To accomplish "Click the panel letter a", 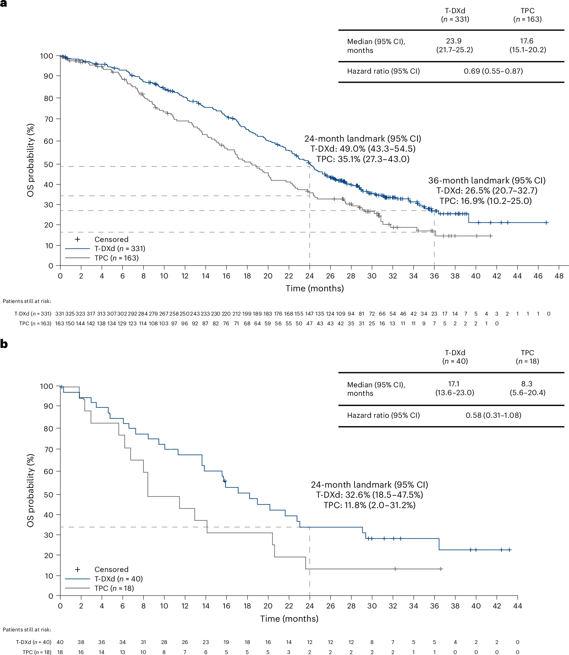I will pos(3,3).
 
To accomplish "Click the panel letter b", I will pos(4,344).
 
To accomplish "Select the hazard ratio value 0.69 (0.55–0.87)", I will pos(493,71).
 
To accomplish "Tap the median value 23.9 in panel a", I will pos(454,41).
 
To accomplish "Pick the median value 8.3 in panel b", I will pos(527,384).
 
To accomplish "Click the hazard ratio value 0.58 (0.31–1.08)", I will pos(493,415).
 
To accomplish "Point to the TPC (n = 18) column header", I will pos(528,357).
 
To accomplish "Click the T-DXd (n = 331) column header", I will pos(455,15).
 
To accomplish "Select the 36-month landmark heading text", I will pos(487,181).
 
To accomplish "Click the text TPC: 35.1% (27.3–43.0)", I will pos(363,159).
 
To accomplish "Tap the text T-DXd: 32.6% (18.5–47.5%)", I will pos(369,495).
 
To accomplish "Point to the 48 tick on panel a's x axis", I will pos(559,276).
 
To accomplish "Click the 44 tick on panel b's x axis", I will pos(517,606).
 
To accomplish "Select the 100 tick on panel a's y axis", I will pos(47,56).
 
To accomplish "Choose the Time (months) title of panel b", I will pos(289,619).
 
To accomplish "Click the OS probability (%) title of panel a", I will pos(30,160).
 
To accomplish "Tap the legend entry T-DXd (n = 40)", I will pos(118,579).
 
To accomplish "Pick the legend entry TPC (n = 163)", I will pos(117,258).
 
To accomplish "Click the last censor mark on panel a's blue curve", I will pos(546,222).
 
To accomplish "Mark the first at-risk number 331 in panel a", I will pos(59,314).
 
